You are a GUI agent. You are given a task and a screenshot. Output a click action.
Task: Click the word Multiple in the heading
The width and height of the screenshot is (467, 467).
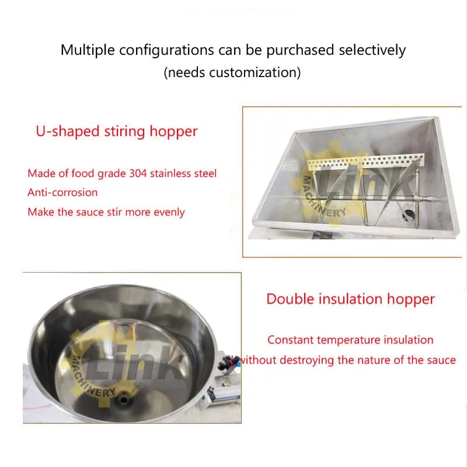[x=88, y=50]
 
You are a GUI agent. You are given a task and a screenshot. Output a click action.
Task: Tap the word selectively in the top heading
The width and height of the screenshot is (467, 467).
[x=372, y=50]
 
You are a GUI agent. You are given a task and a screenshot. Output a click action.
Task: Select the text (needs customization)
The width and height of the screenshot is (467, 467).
[x=232, y=72]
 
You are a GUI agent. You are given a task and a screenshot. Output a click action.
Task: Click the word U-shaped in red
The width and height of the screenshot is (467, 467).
[x=68, y=131]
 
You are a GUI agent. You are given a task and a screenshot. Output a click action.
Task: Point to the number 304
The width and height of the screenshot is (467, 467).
[x=138, y=173]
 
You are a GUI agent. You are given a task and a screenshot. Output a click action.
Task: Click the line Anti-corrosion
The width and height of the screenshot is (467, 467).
[x=62, y=193]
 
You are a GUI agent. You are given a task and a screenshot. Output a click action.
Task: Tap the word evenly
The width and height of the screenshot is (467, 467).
[x=169, y=212]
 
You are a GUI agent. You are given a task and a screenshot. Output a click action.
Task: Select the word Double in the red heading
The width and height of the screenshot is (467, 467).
[x=290, y=299]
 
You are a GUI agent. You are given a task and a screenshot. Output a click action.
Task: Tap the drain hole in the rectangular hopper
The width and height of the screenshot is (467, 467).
[x=408, y=215]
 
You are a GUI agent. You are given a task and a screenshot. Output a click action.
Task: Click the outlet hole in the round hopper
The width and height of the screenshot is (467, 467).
[x=123, y=399]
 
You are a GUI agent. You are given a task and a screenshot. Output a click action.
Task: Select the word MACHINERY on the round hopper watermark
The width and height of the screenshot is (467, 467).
[x=92, y=378]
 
